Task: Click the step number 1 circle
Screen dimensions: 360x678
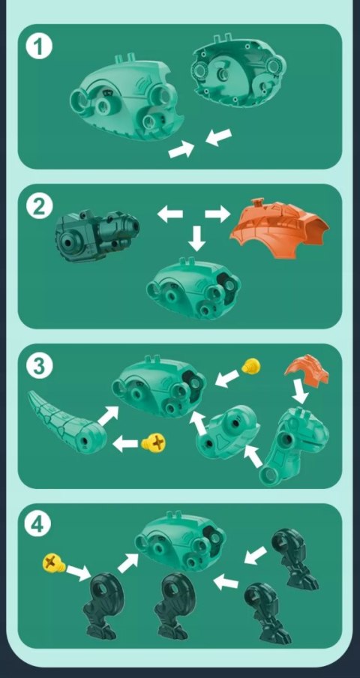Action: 39,47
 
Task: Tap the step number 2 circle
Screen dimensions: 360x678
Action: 39,207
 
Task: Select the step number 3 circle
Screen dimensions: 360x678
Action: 39,367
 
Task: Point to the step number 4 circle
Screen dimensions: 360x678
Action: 39,526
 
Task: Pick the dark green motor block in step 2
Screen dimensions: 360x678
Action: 97,235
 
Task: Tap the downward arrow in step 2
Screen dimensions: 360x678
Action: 197,238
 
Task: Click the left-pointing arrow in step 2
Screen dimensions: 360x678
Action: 169,214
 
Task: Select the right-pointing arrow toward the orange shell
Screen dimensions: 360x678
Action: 217,214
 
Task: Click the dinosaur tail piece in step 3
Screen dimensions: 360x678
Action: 64,424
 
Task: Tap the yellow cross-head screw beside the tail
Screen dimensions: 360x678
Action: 154,442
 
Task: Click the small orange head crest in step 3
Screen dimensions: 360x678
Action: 307,368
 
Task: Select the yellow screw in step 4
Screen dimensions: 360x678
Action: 53,564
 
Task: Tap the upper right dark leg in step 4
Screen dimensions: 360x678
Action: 294,558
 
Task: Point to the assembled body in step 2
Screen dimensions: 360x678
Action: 193,288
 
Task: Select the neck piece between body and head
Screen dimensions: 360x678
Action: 227,433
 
